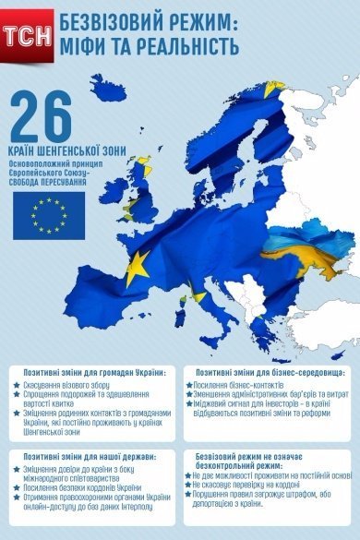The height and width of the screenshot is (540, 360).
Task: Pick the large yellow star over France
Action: [x=138, y=266]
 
